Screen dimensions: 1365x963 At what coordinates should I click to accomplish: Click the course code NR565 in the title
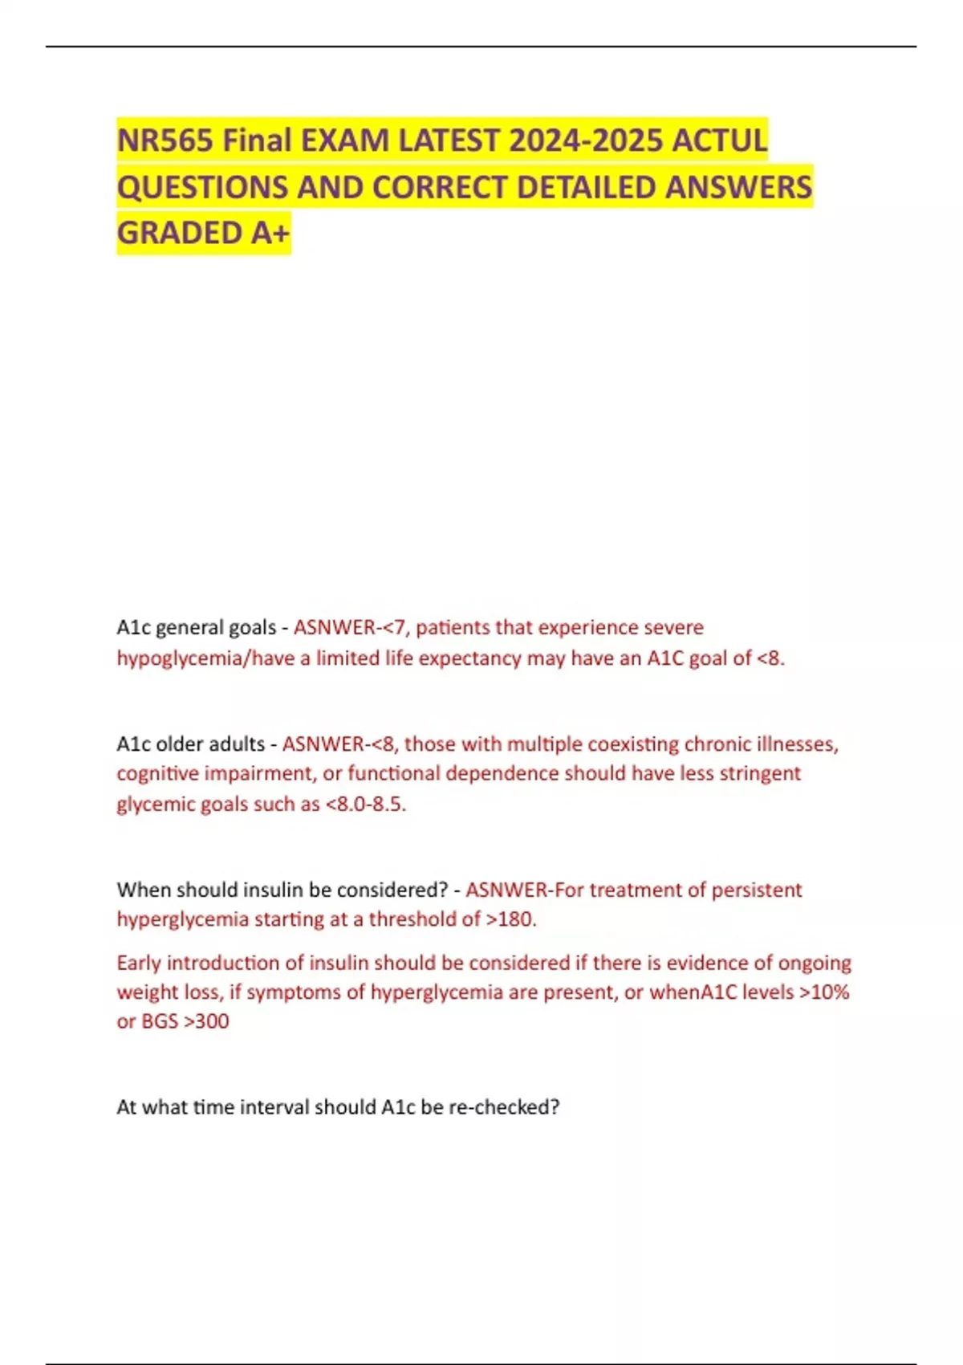165,141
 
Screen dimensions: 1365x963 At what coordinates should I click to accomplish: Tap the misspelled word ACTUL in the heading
719,141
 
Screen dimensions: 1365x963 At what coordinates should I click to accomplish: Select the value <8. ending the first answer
770,658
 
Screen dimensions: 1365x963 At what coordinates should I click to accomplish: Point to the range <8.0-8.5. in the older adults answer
365,804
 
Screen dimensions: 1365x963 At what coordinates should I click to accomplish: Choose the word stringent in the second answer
760,773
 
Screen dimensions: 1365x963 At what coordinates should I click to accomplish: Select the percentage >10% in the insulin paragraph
823,992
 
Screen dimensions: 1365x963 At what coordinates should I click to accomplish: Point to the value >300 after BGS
206,1021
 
